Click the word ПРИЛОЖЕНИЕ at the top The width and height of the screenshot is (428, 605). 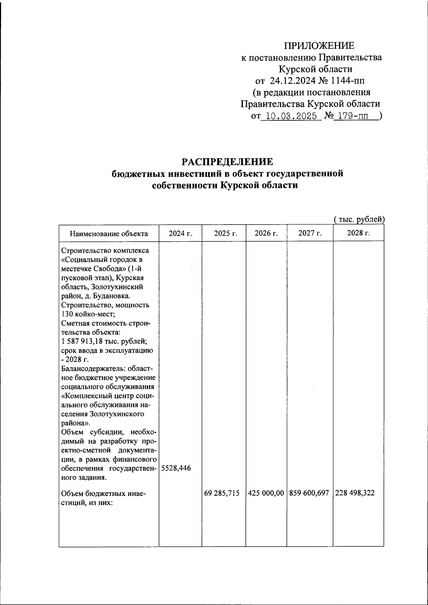319,46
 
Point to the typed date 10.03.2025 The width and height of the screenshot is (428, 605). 289,116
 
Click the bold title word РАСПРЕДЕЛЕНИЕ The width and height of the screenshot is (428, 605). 227,162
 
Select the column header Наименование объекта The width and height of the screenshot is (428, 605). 109,234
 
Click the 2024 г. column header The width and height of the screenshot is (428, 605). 180,234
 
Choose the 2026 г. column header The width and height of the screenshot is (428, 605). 266,234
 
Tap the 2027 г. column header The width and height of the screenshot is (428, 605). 310,234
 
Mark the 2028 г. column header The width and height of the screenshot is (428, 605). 358,234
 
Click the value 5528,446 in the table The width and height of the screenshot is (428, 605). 176,468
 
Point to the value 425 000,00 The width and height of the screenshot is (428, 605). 266,494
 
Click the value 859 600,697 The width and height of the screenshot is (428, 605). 309,494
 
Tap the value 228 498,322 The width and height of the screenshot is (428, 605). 355,494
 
